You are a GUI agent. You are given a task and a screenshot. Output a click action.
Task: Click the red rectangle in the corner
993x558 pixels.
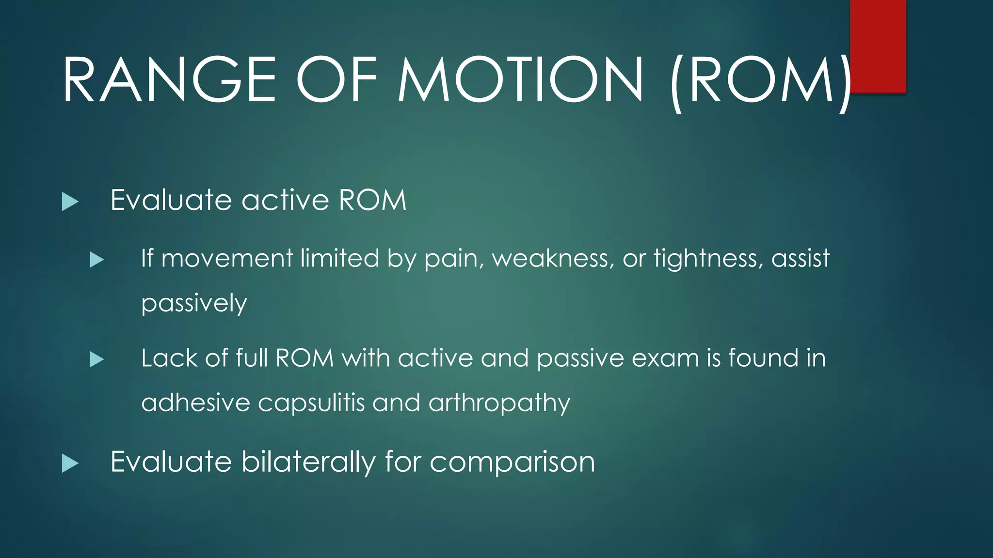click(x=878, y=46)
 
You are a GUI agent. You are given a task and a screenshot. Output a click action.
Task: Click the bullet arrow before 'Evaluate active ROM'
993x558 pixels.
click(x=70, y=201)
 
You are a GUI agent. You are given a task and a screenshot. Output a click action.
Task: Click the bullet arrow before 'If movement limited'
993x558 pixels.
click(x=97, y=260)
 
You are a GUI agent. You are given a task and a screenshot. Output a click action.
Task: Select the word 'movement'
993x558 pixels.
click(x=227, y=259)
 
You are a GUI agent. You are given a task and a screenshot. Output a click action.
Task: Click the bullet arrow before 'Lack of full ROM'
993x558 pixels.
click(x=97, y=359)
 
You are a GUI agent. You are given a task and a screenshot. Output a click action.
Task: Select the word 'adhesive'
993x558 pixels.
click(x=195, y=403)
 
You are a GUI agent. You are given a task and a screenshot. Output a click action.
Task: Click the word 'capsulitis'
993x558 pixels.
click(x=311, y=403)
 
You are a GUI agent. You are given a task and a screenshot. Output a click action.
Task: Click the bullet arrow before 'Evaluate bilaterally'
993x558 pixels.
click(x=70, y=463)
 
